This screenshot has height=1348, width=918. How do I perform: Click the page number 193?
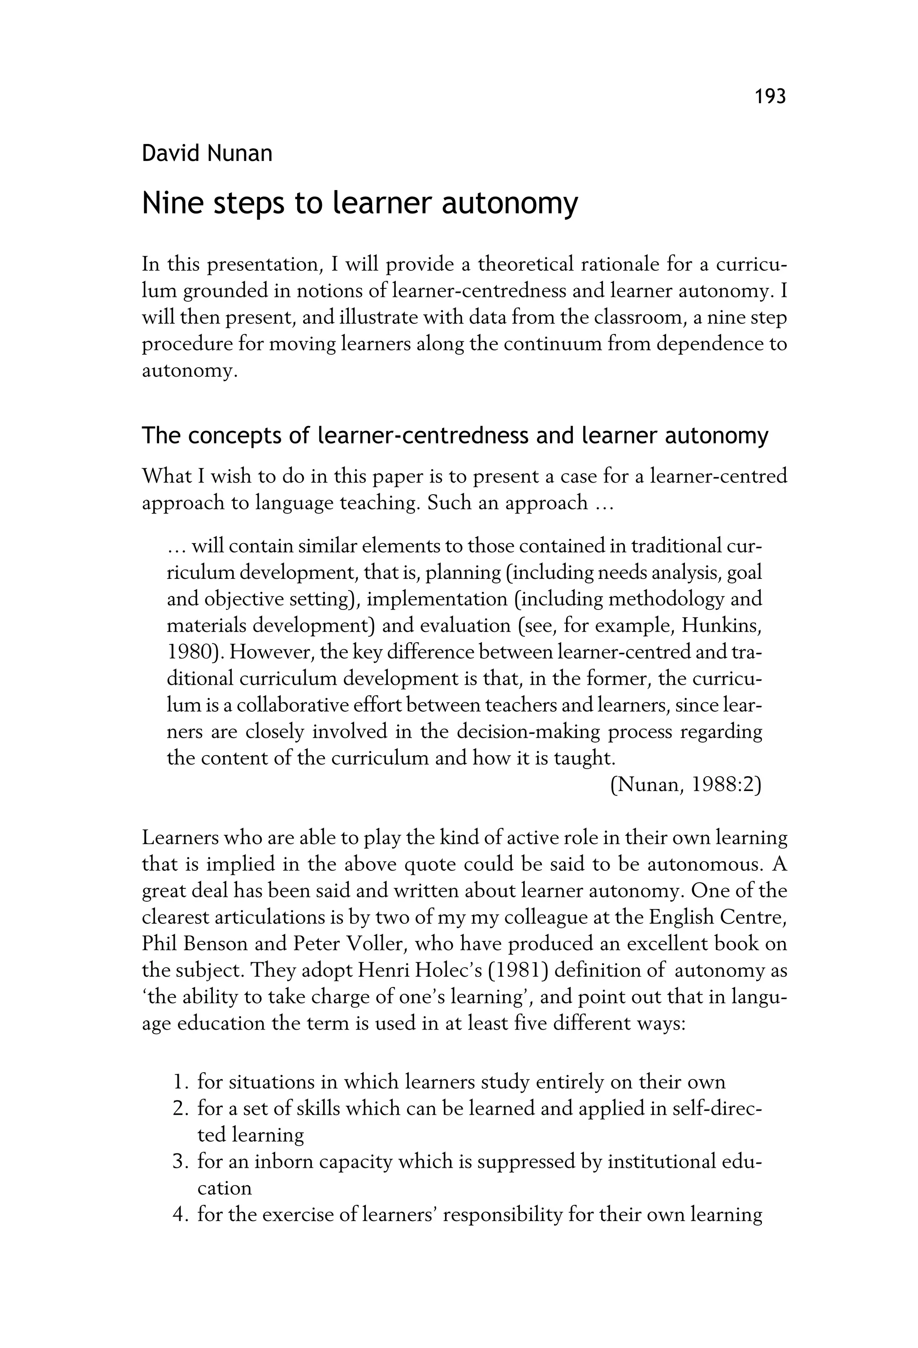(x=770, y=96)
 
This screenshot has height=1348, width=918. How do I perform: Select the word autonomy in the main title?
(x=510, y=204)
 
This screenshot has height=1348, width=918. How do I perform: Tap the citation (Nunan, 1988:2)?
(x=685, y=785)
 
